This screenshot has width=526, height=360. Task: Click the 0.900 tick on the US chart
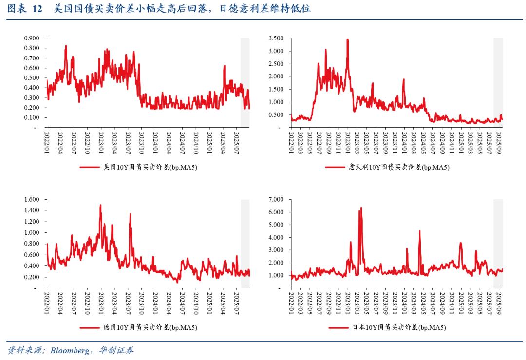click(32, 38)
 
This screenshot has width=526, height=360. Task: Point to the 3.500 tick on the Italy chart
click(276, 38)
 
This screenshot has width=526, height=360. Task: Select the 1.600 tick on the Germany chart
click(32, 200)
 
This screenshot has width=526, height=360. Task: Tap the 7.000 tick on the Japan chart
click(276, 200)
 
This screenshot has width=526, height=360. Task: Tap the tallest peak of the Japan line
click(361, 208)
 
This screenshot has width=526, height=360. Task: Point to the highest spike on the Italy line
click(347, 40)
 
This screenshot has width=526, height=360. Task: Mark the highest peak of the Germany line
click(101, 205)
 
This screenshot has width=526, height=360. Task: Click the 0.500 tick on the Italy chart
click(276, 115)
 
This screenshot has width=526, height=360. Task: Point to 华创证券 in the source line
click(116, 350)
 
